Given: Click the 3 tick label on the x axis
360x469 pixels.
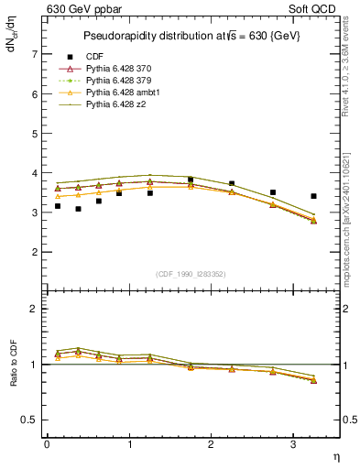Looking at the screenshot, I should tap(293, 444).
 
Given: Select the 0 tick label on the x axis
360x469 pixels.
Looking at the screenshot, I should tap(46, 444).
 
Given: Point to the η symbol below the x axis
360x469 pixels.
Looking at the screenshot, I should tap(335, 455).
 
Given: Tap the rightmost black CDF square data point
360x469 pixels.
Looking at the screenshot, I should tap(314, 196).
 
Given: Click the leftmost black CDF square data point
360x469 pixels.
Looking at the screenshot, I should tap(58, 206).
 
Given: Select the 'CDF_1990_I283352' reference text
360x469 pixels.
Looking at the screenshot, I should tap(192, 274).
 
